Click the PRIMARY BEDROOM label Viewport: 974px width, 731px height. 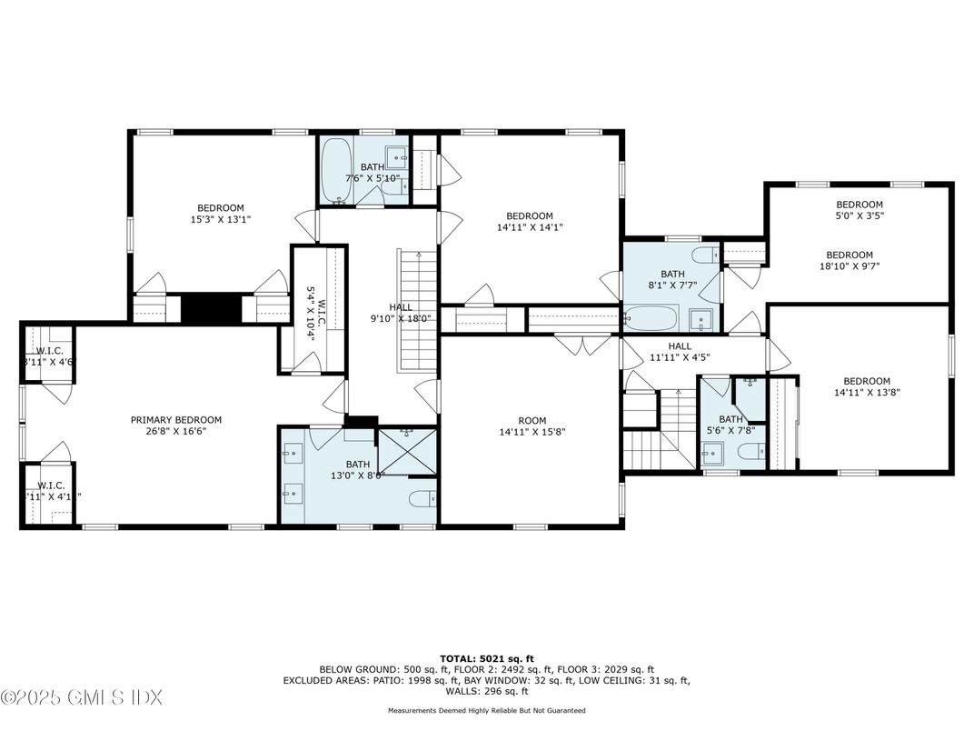pos(175,419)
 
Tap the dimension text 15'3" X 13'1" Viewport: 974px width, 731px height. pos(219,219)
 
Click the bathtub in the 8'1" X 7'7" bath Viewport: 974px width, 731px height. pos(651,318)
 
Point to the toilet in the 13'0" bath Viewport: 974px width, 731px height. pos(421,499)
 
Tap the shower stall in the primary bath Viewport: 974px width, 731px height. pos(406,450)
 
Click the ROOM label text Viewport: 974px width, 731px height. pos(532,420)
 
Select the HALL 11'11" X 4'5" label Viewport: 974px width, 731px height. pos(679,352)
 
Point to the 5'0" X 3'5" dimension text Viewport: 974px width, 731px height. pos(859,216)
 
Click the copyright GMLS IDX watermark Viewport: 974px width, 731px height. pos(82,698)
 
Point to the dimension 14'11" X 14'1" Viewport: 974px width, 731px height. pos(530,227)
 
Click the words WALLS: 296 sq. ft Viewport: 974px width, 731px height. pos(486,691)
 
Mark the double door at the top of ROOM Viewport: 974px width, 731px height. pos(584,345)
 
